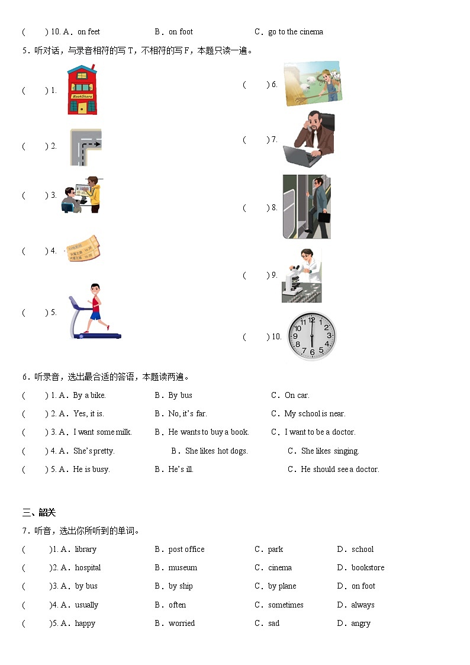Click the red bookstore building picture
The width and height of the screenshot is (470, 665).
[x=82, y=90]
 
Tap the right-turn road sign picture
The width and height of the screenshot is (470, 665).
[x=86, y=147]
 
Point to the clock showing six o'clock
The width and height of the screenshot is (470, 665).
[x=311, y=336]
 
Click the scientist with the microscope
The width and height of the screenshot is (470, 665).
[x=301, y=275]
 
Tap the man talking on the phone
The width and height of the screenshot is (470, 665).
[x=308, y=140]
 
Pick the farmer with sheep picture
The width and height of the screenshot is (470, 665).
[x=313, y=83]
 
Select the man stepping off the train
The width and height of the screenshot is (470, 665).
[x=307, y=207]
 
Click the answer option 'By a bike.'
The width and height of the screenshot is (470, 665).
[x=89, y=395]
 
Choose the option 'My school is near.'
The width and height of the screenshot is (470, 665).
[x=314, y=413]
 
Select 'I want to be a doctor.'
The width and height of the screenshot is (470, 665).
[x=320, y=432]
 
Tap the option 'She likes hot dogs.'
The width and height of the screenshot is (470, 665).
[x=216, y=451]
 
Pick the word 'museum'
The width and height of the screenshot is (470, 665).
[x=183, y=567]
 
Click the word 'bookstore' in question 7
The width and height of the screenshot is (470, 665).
[x=368, y=567]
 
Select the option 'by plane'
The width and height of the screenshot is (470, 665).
[x=282, y=586]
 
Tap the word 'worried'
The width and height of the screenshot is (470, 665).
[x=182, y=623]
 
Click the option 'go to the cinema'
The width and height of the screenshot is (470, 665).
[x=295, y=31]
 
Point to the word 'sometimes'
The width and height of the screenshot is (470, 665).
[x=285, y=605]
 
